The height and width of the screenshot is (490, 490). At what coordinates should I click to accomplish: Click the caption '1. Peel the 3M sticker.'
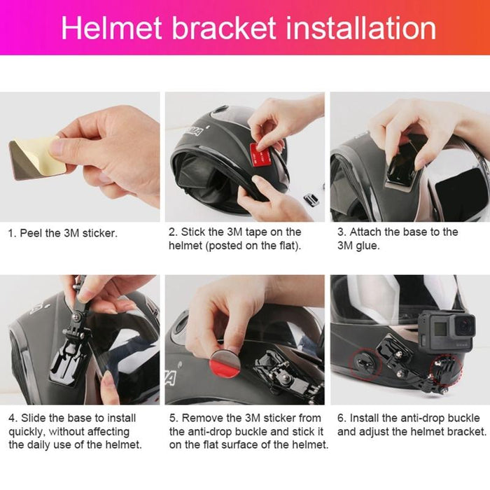62,232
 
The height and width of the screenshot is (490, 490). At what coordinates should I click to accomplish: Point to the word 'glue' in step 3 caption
367,246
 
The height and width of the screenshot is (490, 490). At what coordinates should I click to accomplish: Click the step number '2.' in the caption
173,232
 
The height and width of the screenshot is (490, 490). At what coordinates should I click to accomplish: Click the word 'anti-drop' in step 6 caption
422,418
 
